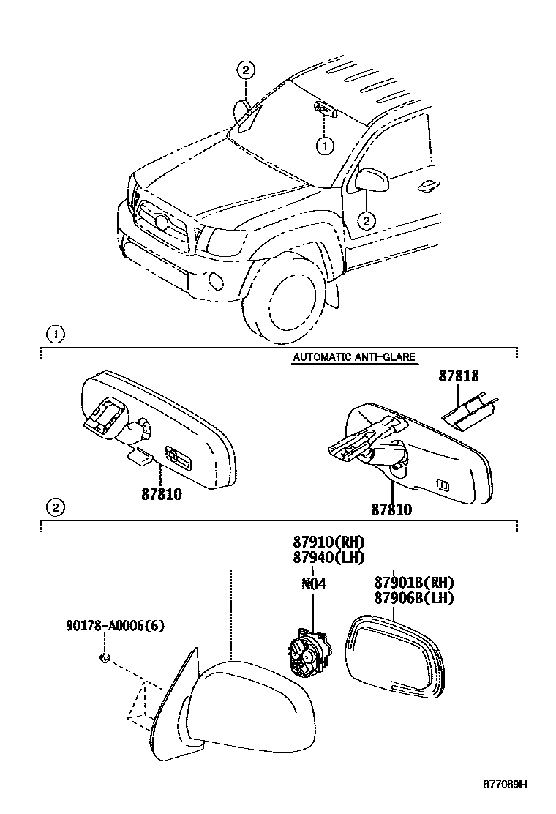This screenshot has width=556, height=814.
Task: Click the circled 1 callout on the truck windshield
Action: pyautogui.click(x=324, y=146)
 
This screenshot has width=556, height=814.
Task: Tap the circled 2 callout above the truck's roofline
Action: pyautogui.click(x=246, y=70)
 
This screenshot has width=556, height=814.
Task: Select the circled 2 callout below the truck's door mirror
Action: pyautogui.click(x=367, y=219)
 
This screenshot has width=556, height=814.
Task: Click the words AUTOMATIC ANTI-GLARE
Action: pyautogui.click(x=354, y=357)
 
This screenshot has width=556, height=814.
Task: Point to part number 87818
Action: pyautogui.click(x=459, y=376)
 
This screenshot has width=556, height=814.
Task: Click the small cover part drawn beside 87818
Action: pyautogui.click(x=469, y=414)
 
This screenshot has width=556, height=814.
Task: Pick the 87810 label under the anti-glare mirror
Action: pyautogui.click(x=391, y=509)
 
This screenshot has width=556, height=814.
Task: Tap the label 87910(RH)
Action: pyautogui.click(x=328, y=542)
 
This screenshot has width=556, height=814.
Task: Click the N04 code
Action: pyautogui.click(x=313, y=584)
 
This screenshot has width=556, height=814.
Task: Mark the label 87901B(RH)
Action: pyautogui.click(x=414, y=583)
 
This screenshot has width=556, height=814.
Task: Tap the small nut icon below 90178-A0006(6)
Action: pyautogui.click(x=104, y=658)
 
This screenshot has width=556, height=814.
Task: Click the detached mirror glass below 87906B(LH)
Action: pyautogui.click(x=399, y=655)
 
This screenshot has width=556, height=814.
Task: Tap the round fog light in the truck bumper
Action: pyautogui.click(x=214, y=280)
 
